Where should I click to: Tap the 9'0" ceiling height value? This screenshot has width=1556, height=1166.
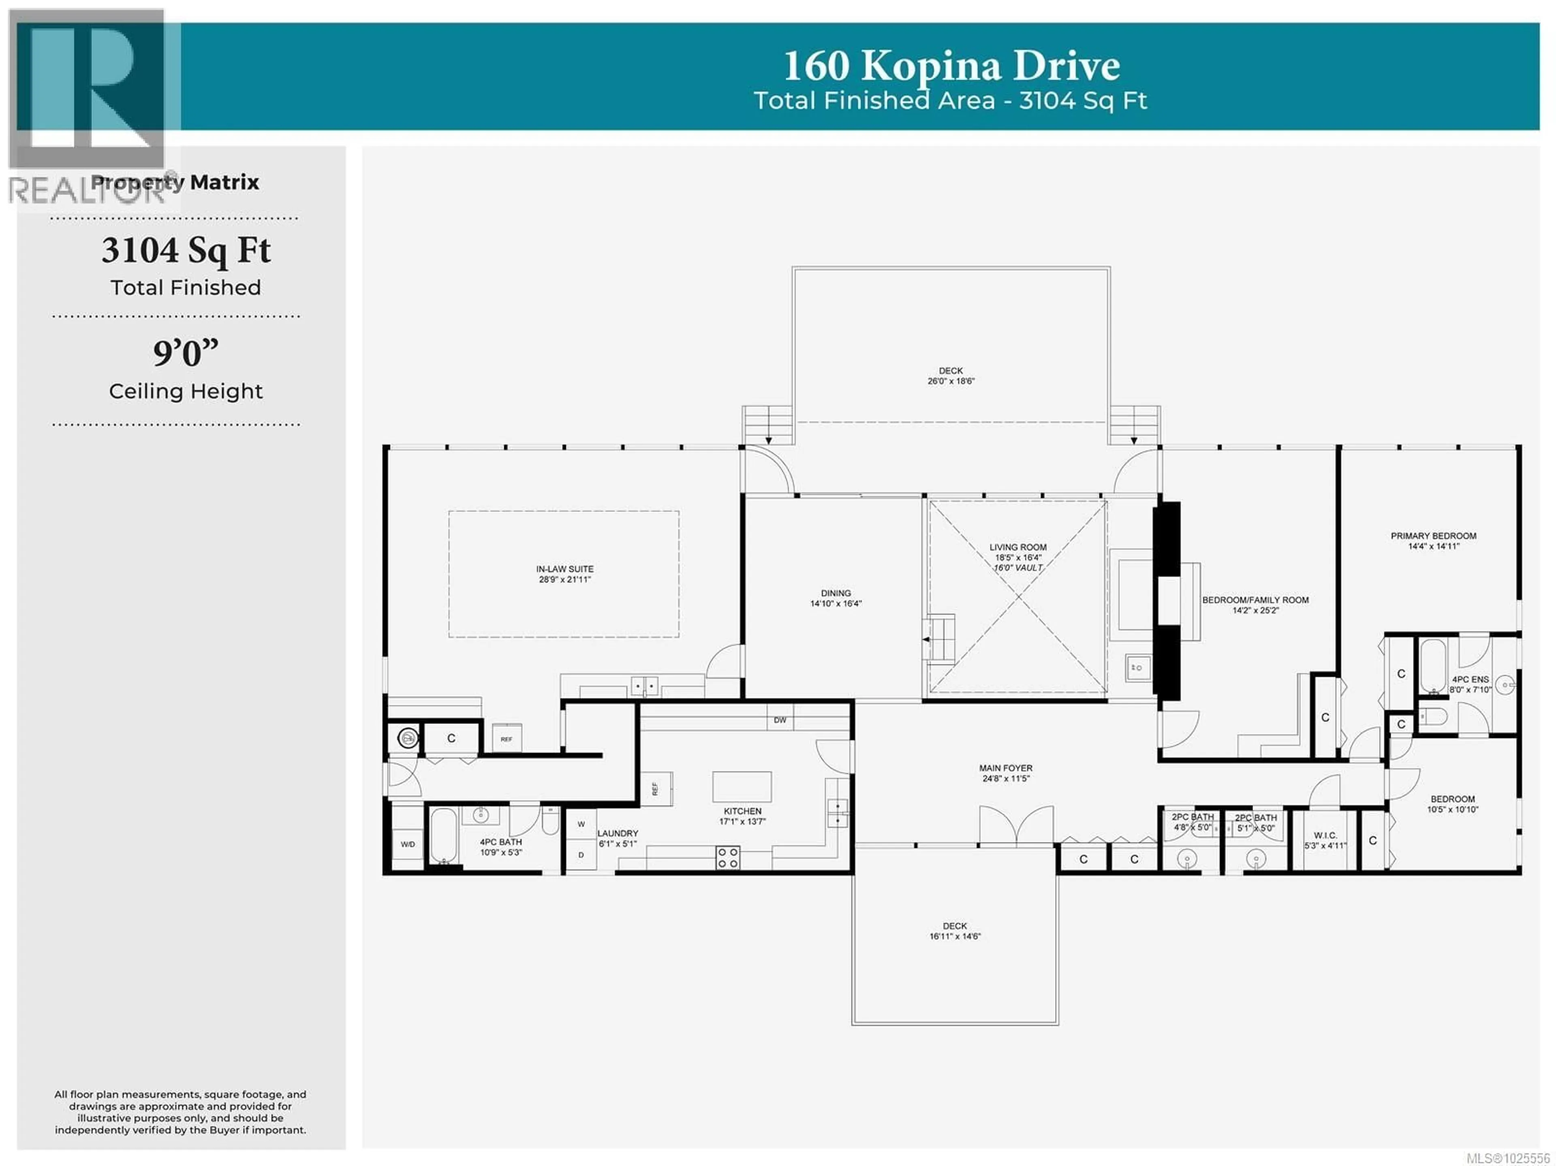pyautogui.click(x=186, y=353)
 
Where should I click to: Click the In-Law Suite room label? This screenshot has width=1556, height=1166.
pyautogui.click(x=564, y=574)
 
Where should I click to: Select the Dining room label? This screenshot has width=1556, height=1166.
pyautogui.click(x=836, y=598)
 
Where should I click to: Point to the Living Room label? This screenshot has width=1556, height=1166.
pyautogui.click(x=1018, y=552)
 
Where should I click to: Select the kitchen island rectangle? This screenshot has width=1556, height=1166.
pyautogui.click(x=742, y=786)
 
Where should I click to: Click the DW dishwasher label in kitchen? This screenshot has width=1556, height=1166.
pyautogui.click(x=779, y=720)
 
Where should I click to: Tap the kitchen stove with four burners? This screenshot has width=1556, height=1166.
pyautogui.click(x=727, y=857)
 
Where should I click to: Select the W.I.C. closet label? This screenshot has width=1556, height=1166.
pyautogui.click(x=1325, y=840)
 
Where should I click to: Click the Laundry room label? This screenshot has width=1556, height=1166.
pyautogui.click(x=618, y=837)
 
